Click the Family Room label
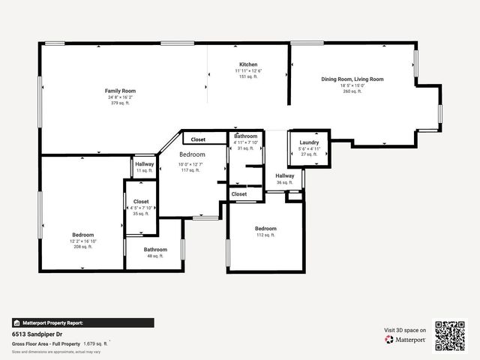[120, 91]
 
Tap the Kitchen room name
[248, 64]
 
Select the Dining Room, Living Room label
[352, 79]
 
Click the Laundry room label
[309, 142]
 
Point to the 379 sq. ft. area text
[120, 103]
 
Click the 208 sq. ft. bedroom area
[82, 246]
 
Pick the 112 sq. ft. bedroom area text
[265, 235]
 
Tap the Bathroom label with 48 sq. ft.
[155, 249]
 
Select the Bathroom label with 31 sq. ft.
[245, 136]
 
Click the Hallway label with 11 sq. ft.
[144, 164]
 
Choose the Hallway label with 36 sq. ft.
[284, 176]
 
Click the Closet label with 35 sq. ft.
[141, 202]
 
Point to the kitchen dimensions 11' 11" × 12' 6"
[248, 70]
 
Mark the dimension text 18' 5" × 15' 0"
[352, 85]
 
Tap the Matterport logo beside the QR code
[406, 340]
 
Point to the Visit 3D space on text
[405, 330]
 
